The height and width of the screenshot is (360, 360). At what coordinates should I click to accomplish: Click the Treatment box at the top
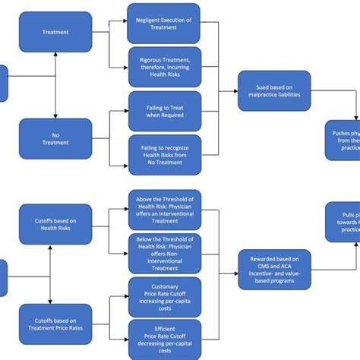point(55,33)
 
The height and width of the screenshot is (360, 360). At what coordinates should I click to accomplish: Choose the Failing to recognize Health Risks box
point(165,154)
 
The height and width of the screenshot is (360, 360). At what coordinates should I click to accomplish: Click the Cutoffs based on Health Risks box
point(55,225)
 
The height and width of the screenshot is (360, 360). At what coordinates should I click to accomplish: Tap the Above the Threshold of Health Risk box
point(165,209)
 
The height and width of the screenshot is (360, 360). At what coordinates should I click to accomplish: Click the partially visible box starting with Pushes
point(343,140)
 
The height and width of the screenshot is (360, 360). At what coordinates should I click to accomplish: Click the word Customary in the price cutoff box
point(165,286)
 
